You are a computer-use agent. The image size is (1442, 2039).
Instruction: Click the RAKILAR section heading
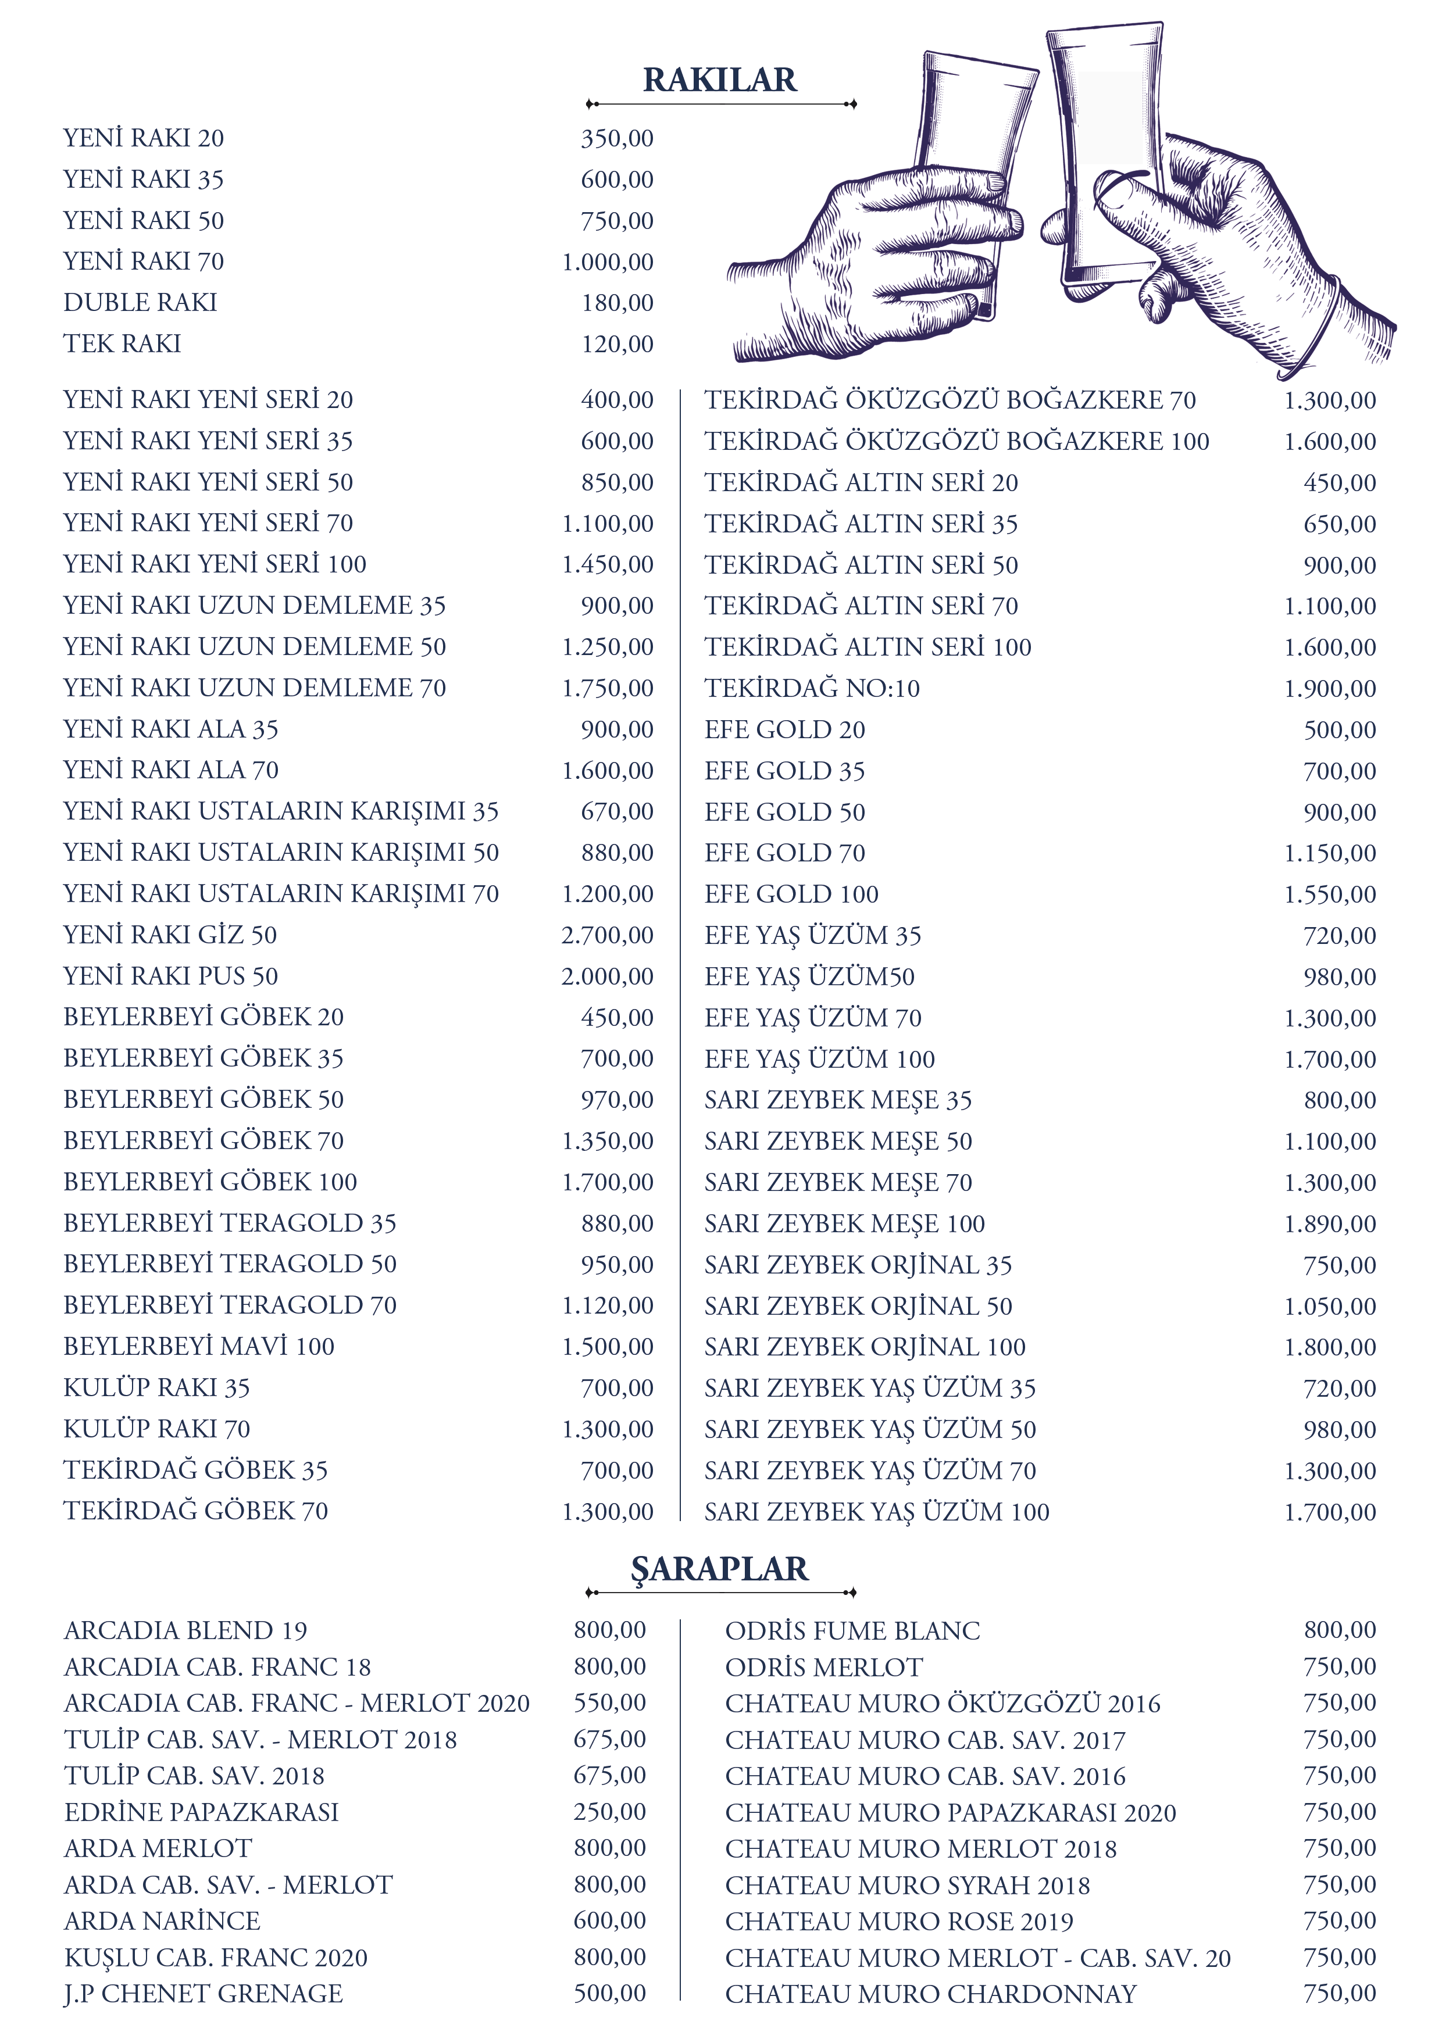pyautogui.click(x=720, y=80)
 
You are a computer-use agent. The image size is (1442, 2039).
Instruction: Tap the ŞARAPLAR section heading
pyautogui.click(x=720, y=1569)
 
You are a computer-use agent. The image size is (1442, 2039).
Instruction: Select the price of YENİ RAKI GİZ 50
pyautogui.click(x=607, y=935)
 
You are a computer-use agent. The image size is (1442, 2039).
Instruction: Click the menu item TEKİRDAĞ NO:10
pyautogui.click(x=812, y=688)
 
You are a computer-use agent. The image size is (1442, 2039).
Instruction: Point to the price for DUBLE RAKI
pyautogui.click(x=618, y=303)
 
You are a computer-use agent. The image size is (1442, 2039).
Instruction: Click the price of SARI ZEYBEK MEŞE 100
pyautogui.click(x=1329, y=1224)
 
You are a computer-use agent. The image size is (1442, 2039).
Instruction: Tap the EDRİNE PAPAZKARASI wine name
pyautogui.click(x=202, y=1812)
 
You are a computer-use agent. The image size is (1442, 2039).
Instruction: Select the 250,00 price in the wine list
pyautogui.click(x=609, y=1812)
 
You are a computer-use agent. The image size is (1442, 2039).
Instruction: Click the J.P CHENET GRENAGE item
pyautogui.click(x=204, y=1993)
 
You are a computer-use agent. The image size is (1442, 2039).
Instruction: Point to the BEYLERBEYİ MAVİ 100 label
pyautogui.click(x=199, y=1346)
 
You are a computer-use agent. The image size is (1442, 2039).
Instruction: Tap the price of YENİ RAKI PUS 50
pyautogui.click(x=607, y=976)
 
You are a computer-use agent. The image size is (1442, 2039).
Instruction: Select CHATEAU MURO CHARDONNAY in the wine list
pyautogui.click(x=930, y=1994)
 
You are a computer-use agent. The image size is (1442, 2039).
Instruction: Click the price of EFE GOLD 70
pyautogui.click(x=1329, y=853)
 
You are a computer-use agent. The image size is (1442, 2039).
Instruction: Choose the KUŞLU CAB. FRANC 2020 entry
pyautogui.click(x=216, y=1957)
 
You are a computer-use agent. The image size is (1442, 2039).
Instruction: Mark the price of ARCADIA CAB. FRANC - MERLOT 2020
pyautogui.click(x=609, y=1702)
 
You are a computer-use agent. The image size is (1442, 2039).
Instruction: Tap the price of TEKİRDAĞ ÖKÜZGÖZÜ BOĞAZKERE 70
pyautogui.click(x=1329, y=400)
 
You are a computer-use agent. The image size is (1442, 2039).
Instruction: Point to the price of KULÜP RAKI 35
pyautogui.click(x=618, y=1387)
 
